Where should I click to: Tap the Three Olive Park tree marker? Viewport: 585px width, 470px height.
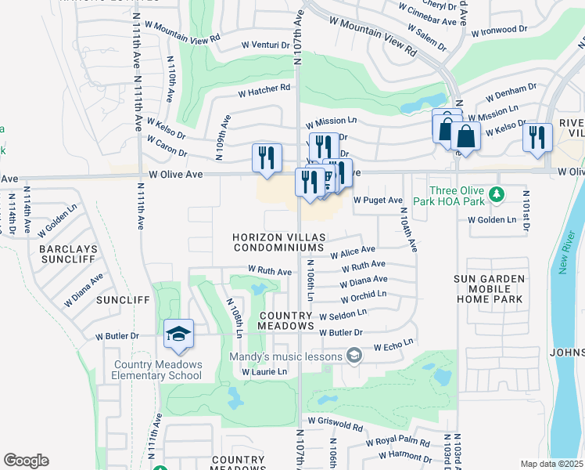coord(494,193)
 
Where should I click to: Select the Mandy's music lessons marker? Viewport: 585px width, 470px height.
coord(354,356)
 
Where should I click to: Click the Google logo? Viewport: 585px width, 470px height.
coord(26,461)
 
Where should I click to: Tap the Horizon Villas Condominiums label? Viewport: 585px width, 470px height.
coord(278,242)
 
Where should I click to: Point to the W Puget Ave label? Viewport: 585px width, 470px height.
coord(379,201)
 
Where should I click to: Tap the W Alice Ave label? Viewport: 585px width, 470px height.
coord(353,252)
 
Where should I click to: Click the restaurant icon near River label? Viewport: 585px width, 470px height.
coord(537,138)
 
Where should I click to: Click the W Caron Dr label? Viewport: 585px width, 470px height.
coord(167,146)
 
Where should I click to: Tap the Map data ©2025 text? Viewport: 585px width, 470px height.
coord(551,464)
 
